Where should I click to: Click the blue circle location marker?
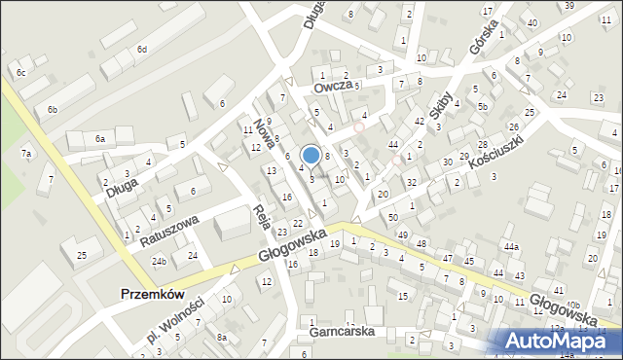311,155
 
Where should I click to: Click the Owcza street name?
331,88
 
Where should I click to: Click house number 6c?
20,72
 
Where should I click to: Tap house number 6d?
142,49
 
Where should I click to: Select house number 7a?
27,154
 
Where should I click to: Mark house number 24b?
159,262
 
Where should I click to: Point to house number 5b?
482,105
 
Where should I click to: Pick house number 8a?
222,338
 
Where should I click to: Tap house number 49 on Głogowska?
402,234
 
